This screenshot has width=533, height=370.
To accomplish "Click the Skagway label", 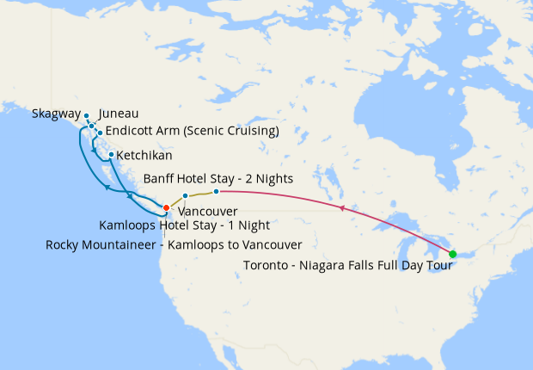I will pyautogui.click(x=56, y=114).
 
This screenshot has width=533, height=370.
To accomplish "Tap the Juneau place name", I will pyautogui.click(x=119, y=114).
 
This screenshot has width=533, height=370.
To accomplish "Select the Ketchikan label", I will pyautogui.click(x=144, y=156).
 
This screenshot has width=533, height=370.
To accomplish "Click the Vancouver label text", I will pyautogui.click(x=207, y=211).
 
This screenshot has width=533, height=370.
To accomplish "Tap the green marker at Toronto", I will pyautogui.click(x=453, y=254).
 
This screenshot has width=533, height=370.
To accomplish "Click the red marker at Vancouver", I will pyautogui.click(x=166, y=207).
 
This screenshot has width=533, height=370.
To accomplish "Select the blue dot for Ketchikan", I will pyautogui.click(x=111, y=155).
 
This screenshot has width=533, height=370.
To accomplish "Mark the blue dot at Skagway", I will pyautogui.click(x=87, y=115).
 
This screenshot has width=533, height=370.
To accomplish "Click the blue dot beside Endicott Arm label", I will pyautogui.click(x=100, y=133).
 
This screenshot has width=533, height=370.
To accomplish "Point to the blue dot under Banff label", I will pyautogui.click(x=216, y=191).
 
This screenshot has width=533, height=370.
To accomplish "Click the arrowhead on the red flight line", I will pyautogui.click(x=342, y=208).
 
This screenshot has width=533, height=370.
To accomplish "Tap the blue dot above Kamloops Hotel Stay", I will pyautogui.click(x=185, y=196).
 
